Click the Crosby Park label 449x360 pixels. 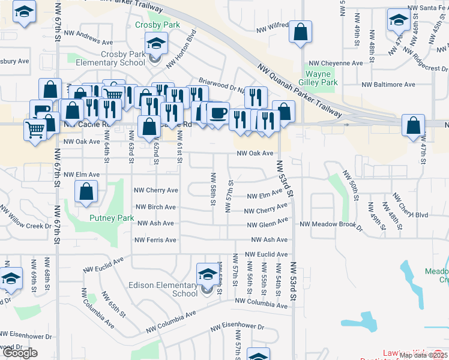(157, 25)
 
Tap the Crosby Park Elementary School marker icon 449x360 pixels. (155, 44)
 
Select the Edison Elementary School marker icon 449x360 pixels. (208, 274)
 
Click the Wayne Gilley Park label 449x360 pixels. (322, 77)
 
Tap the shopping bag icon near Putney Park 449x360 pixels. (86, 192)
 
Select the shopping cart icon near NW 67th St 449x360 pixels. (35, 129)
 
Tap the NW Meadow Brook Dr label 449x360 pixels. (331, 224)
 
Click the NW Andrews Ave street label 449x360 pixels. (91, 42)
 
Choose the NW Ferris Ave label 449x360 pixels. (156, 240)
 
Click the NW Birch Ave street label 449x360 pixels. (155, 207)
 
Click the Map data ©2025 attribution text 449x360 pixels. (423, 355)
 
